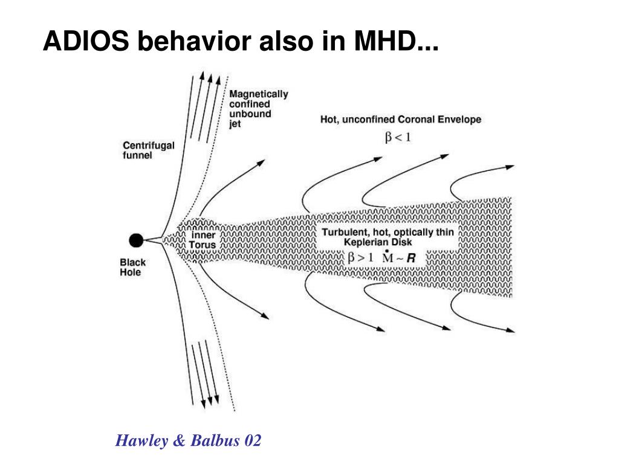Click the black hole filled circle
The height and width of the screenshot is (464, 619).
coord(137,240)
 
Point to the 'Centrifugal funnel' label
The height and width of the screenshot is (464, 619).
coord(149,150)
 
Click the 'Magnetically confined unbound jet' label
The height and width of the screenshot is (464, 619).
coord(259,109)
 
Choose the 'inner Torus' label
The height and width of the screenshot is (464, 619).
coord(203,240)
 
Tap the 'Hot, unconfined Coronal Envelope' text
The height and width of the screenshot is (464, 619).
coord(401,120)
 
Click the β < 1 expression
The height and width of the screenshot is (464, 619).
coord(398,137)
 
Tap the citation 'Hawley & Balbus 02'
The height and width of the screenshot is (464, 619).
coord(189,440)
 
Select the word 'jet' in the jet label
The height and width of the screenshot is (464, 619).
coord(235,124)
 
